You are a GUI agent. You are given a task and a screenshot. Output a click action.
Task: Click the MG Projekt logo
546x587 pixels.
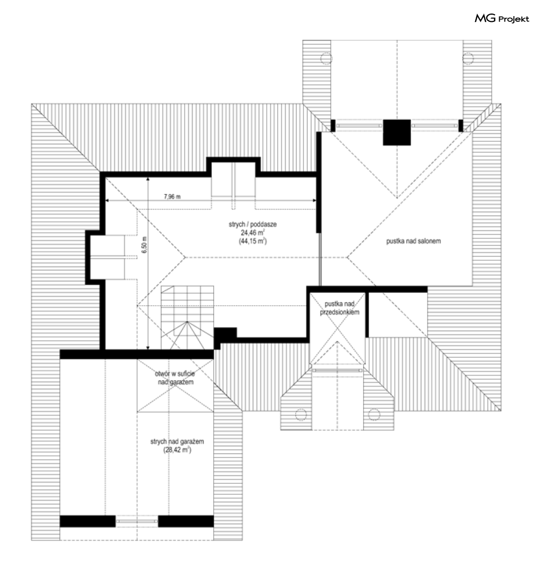point(501,18)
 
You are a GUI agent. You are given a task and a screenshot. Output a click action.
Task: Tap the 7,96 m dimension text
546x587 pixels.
point(172,196)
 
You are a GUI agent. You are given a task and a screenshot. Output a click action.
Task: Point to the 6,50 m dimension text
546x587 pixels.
point(145,245)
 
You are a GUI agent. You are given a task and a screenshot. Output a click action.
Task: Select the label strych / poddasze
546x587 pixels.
point(253,224)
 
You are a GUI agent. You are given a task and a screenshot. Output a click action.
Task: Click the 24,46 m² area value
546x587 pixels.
point(253,232)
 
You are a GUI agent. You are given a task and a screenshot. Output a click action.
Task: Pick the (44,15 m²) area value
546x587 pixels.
point(253,241)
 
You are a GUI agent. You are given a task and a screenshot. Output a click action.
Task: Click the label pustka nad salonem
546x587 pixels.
point(413,241)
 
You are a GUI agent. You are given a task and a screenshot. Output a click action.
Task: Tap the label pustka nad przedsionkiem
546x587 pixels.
point(340,308)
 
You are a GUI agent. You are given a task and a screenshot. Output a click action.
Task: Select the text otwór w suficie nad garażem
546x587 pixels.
point(175,378)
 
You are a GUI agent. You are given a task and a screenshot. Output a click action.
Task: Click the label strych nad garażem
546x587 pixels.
point(177,441)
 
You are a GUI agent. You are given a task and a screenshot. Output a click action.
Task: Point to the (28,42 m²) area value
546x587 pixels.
point(177,450)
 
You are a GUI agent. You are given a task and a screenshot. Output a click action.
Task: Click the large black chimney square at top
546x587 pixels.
point(397,132)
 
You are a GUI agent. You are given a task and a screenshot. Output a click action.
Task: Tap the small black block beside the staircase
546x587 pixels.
point(225,334)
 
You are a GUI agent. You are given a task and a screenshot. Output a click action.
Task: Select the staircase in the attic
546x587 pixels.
point(187,318)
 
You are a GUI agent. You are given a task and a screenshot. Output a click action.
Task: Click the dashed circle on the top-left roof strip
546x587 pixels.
point(326,59)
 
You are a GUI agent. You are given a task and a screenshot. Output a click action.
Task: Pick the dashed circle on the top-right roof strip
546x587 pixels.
point(468,59)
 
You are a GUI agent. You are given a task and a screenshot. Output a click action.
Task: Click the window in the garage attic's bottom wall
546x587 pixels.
point(137,521)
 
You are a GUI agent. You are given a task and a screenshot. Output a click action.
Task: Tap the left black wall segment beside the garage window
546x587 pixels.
point(88,521)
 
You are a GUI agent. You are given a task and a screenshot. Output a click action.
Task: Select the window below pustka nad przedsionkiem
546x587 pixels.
point(337,370)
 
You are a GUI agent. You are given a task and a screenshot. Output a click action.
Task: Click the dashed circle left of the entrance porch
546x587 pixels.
point(301,415)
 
